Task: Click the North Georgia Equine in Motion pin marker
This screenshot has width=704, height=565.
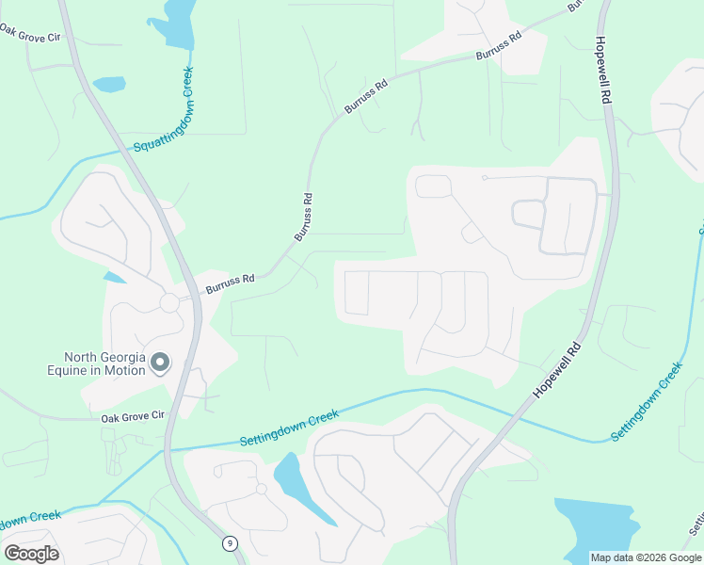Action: coord(160,363)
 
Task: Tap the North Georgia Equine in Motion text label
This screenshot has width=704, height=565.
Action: coord(104,363)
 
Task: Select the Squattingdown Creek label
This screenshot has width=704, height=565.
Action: coord(165,110)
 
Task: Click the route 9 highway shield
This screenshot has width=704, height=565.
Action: coord(230,543)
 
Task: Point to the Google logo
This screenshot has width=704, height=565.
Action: coord(31,554)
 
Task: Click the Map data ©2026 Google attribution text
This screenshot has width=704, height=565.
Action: coord(646,557)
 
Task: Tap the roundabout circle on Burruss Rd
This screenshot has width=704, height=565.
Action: coord(169,302)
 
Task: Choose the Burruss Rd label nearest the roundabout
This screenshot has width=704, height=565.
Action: coord(231,282)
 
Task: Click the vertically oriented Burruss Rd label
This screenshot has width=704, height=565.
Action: coord(302,217)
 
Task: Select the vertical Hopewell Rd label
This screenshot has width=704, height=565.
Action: coord(605,71)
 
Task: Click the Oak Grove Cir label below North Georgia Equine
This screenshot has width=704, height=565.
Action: coord(133,415)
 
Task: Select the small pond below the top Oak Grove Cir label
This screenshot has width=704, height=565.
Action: coord(109,84)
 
